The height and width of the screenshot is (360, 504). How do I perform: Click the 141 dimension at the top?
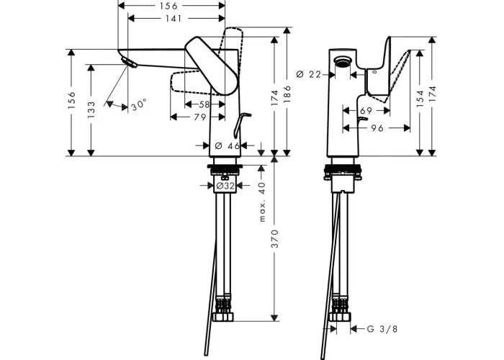click(x=174, y=19)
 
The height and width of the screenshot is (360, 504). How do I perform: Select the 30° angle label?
click(x=139, y=104)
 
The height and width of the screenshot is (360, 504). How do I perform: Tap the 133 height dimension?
click(x=91, y=109)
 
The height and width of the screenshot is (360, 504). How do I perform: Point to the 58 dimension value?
click(x=204, y=104)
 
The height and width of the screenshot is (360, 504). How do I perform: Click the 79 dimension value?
click(x=200, y=117)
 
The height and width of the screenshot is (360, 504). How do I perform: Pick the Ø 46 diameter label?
click(x=227, y=146)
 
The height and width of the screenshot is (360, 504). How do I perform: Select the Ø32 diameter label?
click(x=225, y=186)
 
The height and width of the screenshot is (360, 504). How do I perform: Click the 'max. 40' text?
click(x=262, y=202)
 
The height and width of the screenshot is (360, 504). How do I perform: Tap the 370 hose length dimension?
click(x=274, y=239)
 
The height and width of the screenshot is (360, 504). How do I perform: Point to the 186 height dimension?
click(x=287, y=94)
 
